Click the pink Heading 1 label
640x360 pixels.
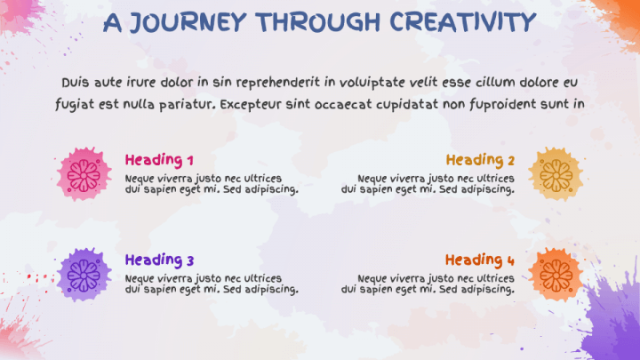tap(159, 160)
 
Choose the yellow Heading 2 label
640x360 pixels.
tap(480, 160)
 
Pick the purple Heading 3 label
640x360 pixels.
tap(159, 260)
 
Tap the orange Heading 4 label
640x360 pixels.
tap(480, 260)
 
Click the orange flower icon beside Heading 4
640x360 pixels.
tap(555, 273)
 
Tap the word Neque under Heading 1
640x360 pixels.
tap(140, 178)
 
